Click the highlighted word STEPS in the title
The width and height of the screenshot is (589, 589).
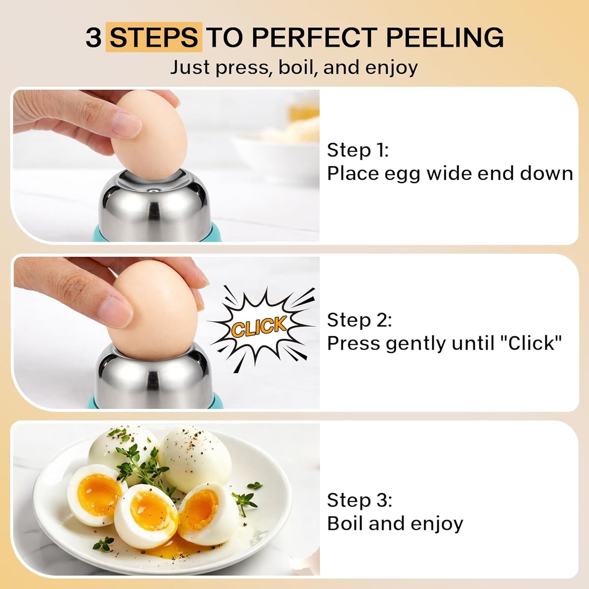point(154,37)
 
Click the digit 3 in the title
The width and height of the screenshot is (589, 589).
point(93,37)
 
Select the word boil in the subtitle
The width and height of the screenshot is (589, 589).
point(296,67)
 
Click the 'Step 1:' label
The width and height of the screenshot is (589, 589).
point(357,150)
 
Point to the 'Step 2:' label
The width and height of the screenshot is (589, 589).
point(359,320)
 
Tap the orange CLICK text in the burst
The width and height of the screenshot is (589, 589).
point(259,326)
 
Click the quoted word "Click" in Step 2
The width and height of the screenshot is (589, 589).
point(531,343)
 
